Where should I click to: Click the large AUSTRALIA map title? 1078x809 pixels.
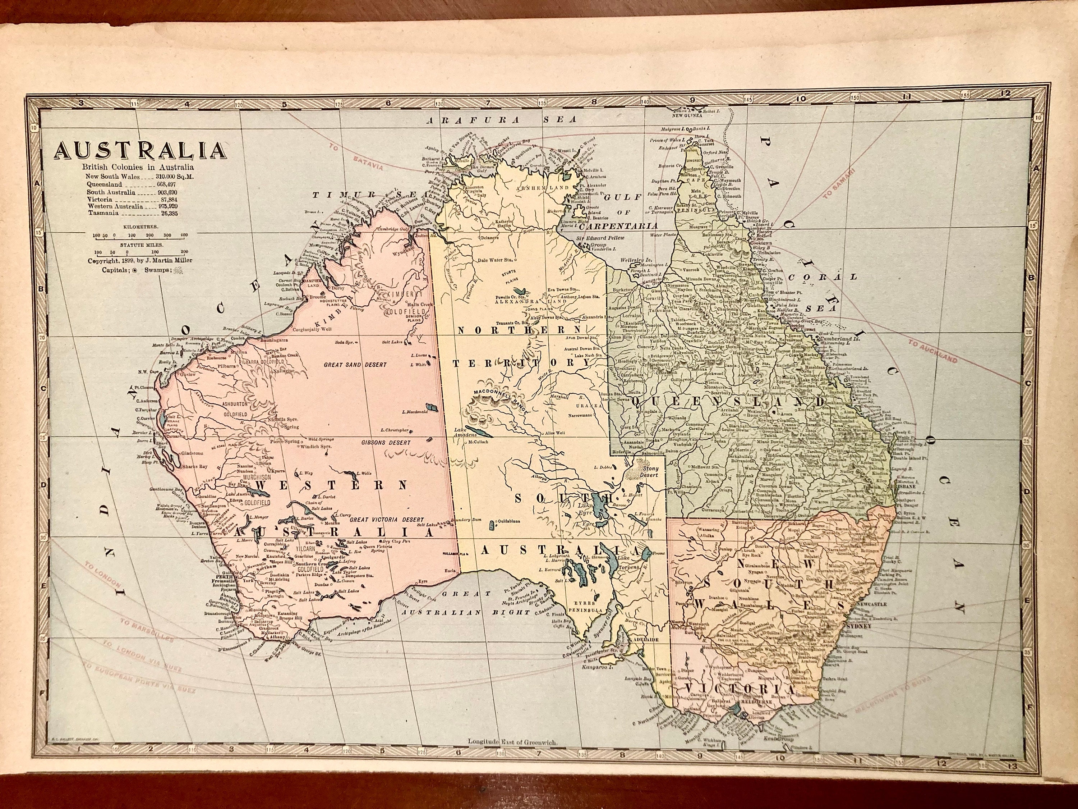140,151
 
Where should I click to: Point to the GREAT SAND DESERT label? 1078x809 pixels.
355,364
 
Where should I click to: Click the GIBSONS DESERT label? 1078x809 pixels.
386,443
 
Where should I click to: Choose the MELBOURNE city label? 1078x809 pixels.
756,716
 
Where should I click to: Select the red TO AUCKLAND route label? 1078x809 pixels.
932,352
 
